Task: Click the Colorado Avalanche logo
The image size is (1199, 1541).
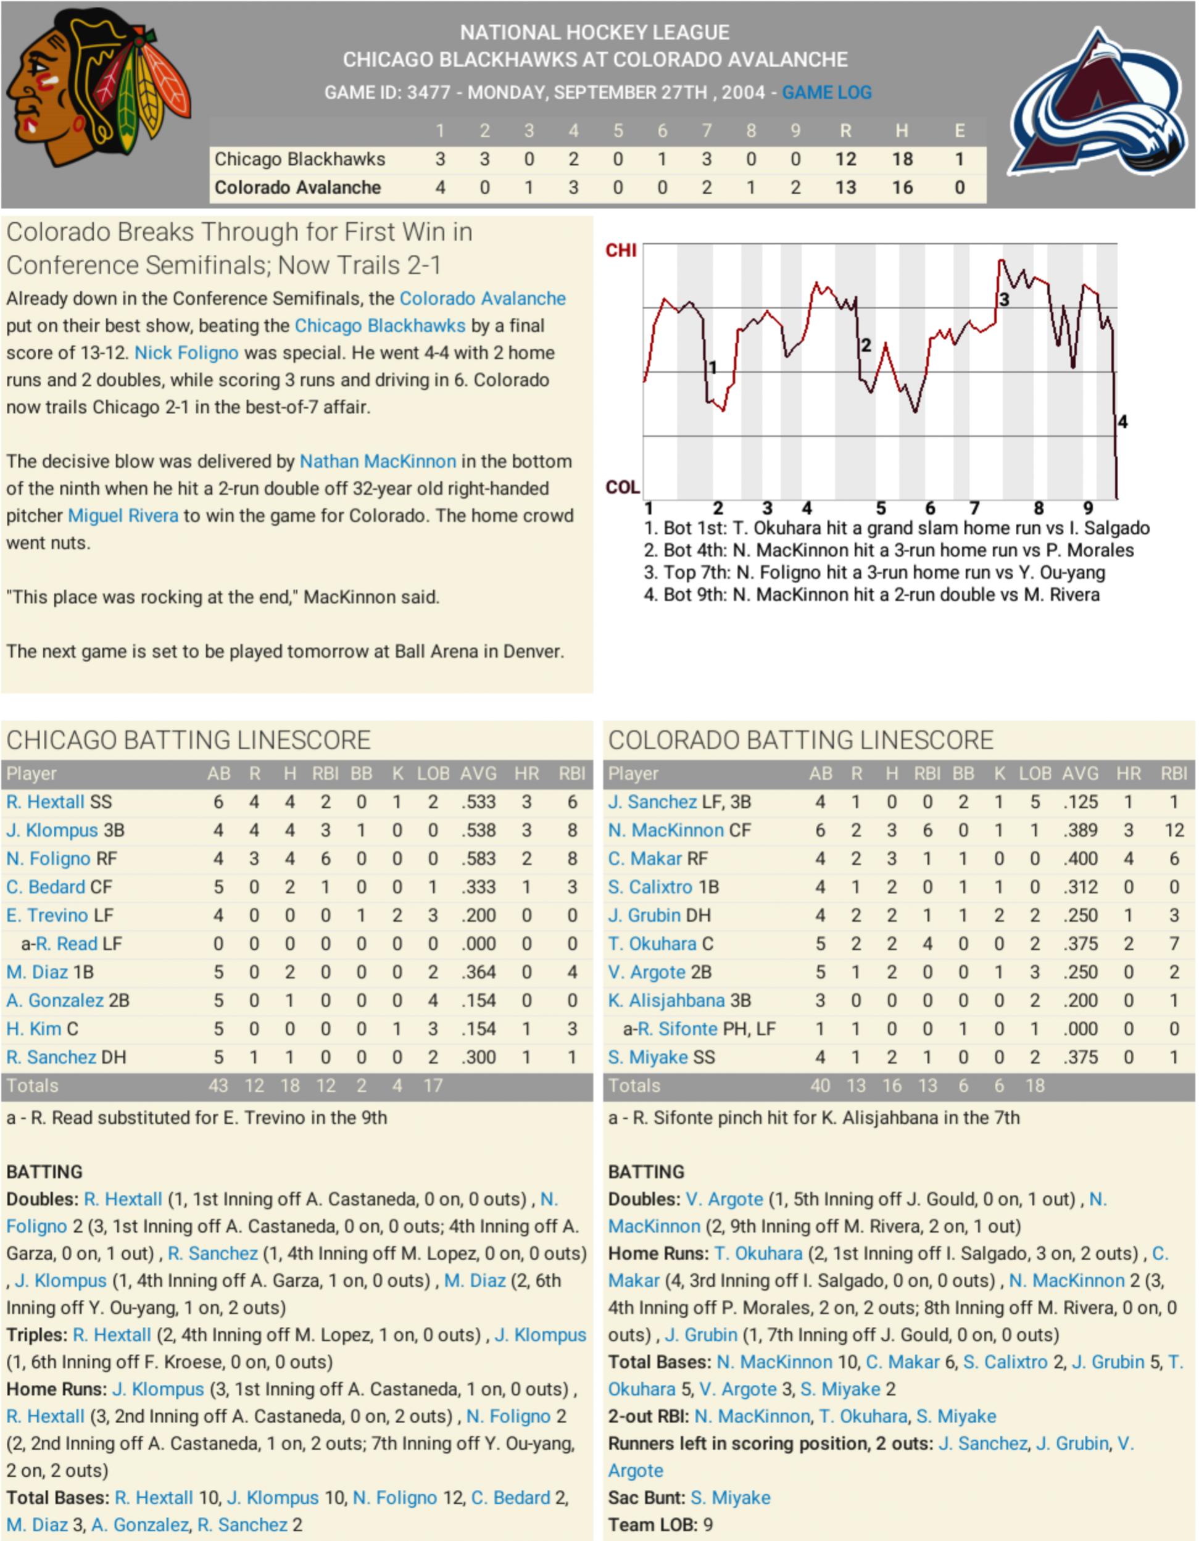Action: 1100,102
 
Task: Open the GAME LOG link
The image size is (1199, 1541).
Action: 826,93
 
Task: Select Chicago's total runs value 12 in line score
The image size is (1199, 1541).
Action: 845,159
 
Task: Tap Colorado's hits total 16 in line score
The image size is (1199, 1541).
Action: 902,188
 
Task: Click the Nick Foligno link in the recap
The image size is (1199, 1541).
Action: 186,353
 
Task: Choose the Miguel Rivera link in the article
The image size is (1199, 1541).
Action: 123,516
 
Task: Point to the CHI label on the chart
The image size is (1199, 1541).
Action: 621,251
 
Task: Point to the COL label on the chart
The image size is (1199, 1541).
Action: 623,488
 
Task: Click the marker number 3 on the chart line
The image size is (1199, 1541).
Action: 1003,300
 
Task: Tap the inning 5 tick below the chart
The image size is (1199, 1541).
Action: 881,508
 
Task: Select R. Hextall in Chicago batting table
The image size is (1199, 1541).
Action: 45,802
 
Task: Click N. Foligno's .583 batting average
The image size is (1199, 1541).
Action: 478,858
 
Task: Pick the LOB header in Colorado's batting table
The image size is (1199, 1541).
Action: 1035,774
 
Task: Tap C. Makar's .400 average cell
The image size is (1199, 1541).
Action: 1081,858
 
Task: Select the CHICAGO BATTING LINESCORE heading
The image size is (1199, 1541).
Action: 188,740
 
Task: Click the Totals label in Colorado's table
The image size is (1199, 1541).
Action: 634,1086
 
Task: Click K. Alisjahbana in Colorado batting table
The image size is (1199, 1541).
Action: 666,1000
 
